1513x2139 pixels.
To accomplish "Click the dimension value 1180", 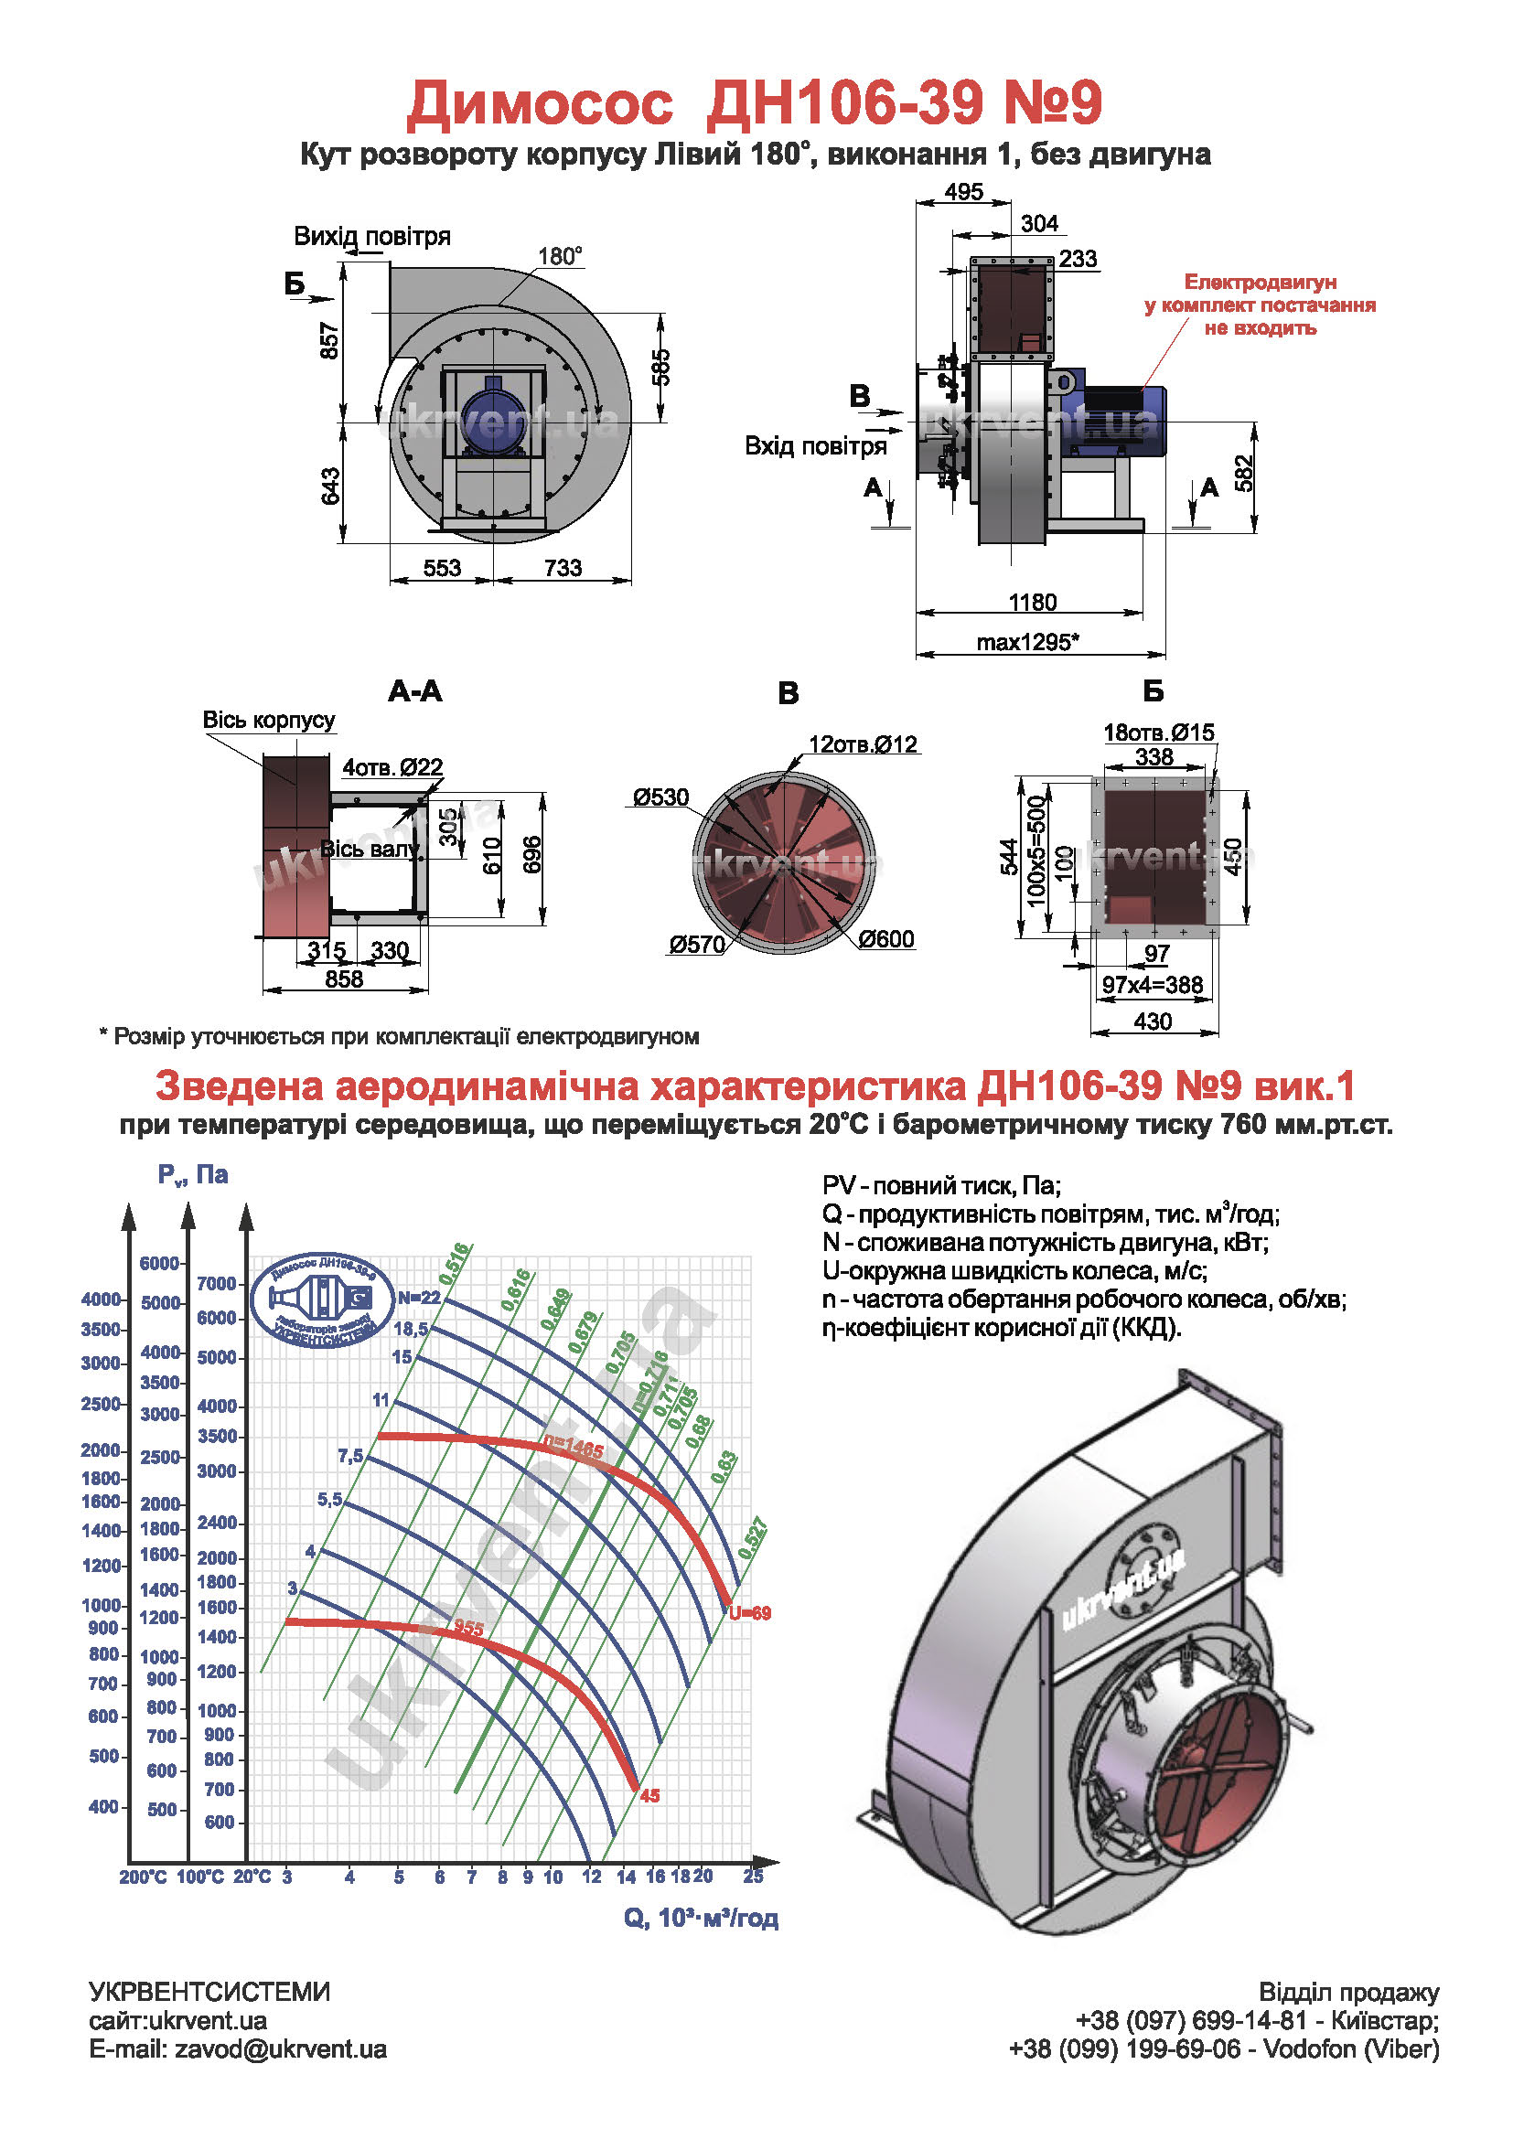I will pos(1032,602).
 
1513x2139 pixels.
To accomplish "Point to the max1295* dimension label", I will pos(1027,642).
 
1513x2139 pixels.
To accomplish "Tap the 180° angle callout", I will pos(560,256).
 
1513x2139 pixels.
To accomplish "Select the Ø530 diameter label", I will pos(660,797).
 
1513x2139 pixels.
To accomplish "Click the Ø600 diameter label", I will pos(886,939).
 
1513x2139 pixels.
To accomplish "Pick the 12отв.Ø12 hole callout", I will pos(863,744).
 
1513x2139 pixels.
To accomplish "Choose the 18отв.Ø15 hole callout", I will pos(1158,733).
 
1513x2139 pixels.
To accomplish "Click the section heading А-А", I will pos(415,691).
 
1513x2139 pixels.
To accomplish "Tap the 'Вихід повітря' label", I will pos(371,236).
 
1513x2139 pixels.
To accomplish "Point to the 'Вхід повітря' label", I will pos(815,446).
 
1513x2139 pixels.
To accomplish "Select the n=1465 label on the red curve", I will pos(574,1449).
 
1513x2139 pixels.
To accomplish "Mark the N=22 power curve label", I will pos(418,1298).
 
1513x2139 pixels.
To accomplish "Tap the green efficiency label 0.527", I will pos(752,1539).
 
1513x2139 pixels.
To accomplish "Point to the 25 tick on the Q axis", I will pos(753,1877).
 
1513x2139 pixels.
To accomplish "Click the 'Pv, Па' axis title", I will pos(193,1175).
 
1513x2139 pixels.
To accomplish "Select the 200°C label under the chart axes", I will pos(143,1877).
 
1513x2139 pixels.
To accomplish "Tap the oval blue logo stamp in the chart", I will pos(321,1299).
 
